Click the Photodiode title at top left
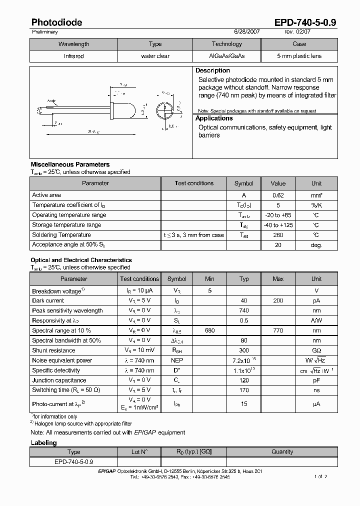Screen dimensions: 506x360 click(56, 22)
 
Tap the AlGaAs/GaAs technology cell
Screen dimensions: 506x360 click(226, 56)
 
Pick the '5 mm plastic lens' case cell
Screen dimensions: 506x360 click(299, 56)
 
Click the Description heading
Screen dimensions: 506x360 click(212, 70)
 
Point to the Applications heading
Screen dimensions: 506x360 click(214, 118)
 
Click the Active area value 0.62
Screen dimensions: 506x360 click(278, 195)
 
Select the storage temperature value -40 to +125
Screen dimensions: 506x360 click(278, 225)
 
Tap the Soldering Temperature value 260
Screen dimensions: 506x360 click(278, 235)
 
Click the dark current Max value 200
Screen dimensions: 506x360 click(278, 300)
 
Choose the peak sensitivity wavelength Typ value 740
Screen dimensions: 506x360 click(243, 310)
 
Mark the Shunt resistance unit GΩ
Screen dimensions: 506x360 click(316, 350)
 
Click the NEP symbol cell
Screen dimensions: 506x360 click(176, 360)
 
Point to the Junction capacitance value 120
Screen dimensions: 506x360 click(243, 380)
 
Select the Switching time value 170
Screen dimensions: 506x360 click(243, 390)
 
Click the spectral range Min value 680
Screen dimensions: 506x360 click(209, 330)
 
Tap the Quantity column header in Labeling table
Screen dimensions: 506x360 click(282, 451)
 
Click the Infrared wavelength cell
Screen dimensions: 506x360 click(73, 56)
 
